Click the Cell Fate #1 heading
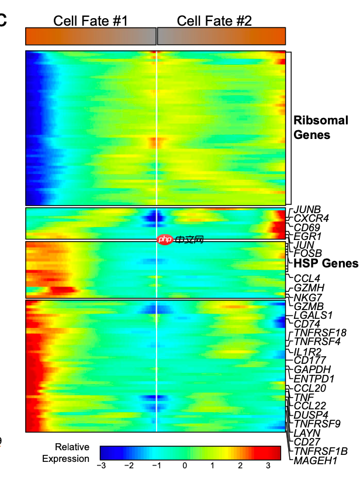pos(91,21)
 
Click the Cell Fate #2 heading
pos(214,21)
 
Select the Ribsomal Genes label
pos(321,128)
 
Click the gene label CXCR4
pos(311,218)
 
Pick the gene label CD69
pos(306,227)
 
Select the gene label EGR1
pos(307,236)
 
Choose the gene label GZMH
pos(309,288)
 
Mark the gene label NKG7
pos(307,297)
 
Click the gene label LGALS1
pos(313,315)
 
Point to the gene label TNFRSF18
pos(320,333)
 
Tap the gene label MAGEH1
pos(316,460)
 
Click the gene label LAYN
pos(306,433)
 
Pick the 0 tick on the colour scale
pos(185,466)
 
